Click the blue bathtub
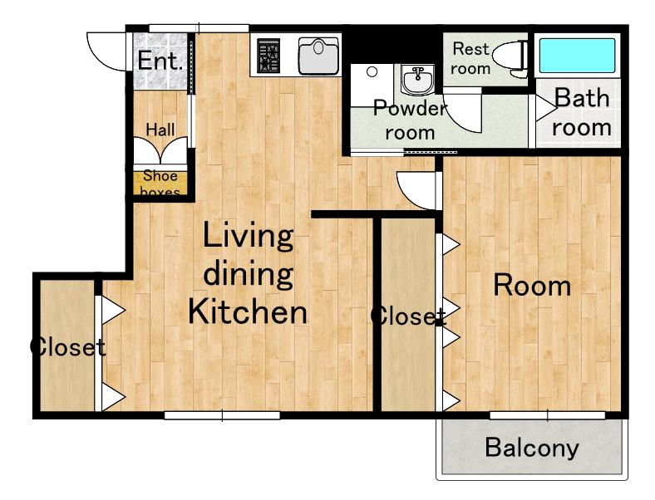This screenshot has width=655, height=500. click(577, 56)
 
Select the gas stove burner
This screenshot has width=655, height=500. click(268, 56)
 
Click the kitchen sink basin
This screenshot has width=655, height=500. click(318, 56)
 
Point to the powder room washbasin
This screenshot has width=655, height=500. click(417, 79)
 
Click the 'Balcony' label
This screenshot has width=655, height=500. click(532, 449)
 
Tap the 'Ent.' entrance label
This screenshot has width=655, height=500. click(160, 61)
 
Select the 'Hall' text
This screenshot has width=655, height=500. click(160, 130)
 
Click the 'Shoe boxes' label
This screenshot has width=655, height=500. click(160, 184)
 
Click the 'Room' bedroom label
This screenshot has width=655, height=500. click(532, 286)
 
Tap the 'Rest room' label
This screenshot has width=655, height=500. click(470, 58)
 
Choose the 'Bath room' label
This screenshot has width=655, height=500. click(582, 112)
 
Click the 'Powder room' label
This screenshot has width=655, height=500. click(411, 120)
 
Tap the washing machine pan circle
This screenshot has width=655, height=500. click(372, 71)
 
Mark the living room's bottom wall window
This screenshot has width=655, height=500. click(222, 415)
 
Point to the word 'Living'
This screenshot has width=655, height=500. click(249, 237)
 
